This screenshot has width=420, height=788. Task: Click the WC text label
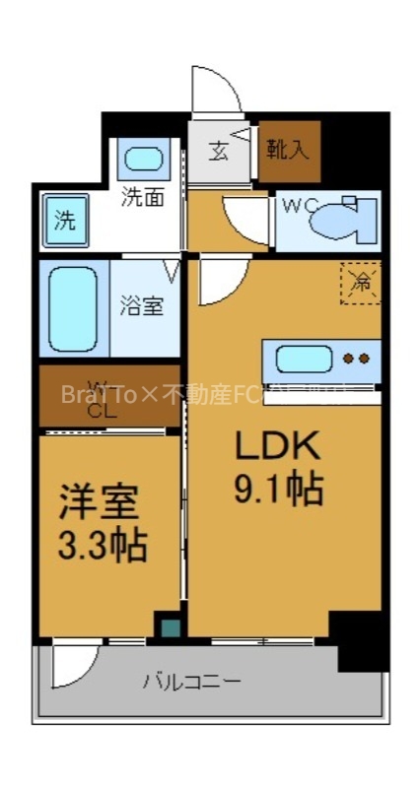tap(299, 206)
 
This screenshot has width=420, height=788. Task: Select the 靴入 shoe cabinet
tap(290, 151)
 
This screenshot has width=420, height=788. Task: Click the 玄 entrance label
tap(218, 152)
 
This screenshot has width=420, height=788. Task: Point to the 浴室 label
tap(142, 305)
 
